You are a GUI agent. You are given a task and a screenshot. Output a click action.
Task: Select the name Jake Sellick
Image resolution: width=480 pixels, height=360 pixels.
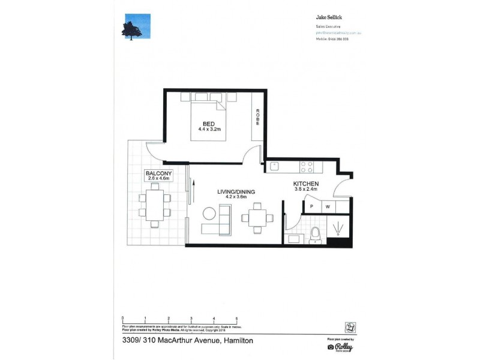click(329, 19)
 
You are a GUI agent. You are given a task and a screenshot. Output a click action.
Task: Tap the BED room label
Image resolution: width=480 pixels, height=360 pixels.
click(208, 124)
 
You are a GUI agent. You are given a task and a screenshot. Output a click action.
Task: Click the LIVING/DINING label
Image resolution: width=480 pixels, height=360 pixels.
click(236, 192)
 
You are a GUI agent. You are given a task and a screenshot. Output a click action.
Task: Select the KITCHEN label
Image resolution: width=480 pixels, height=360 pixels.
click(305, 184)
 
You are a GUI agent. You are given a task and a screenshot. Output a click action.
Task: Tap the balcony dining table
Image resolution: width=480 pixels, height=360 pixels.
click(155, 205)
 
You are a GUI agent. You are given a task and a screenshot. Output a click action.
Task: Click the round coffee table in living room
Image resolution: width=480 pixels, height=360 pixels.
click(209, 214)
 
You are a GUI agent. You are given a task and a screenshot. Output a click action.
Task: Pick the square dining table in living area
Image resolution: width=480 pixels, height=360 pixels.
click(257, 217)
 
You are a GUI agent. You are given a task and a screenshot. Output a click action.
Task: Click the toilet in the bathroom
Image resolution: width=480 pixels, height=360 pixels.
click(316, 236)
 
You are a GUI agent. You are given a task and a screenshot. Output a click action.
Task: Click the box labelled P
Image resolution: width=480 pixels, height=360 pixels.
click(312, 207)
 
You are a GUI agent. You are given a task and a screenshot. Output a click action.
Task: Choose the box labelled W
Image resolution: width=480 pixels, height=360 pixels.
click(328, 207)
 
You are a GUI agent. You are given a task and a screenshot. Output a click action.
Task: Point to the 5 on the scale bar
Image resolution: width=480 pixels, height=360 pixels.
click(236, 318)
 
